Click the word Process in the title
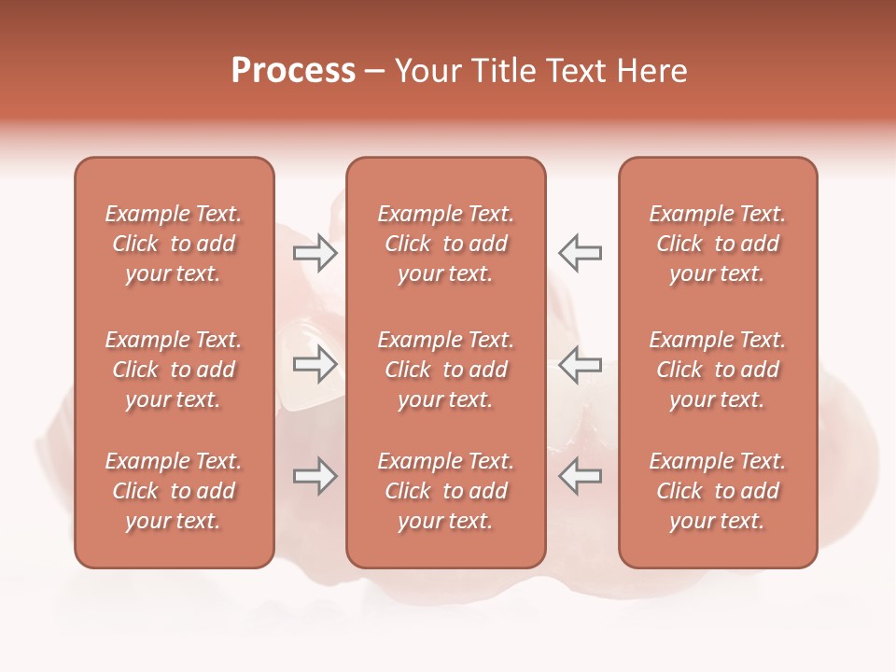[293, 71]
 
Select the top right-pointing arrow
[315, 253]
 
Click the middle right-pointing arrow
[315, 364]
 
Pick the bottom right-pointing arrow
[315, 476]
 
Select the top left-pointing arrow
[581, 253]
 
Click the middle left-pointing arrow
[581, 364]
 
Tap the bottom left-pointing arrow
[581, 476]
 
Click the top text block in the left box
[174, 244]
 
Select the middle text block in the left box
[174, 370]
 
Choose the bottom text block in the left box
[174, 491]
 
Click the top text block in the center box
[445, 244]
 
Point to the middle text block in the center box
[445, 370]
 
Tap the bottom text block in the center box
[445, 491]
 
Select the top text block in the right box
[717, 244]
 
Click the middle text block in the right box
[717, 370]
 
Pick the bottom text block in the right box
[717, 491]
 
